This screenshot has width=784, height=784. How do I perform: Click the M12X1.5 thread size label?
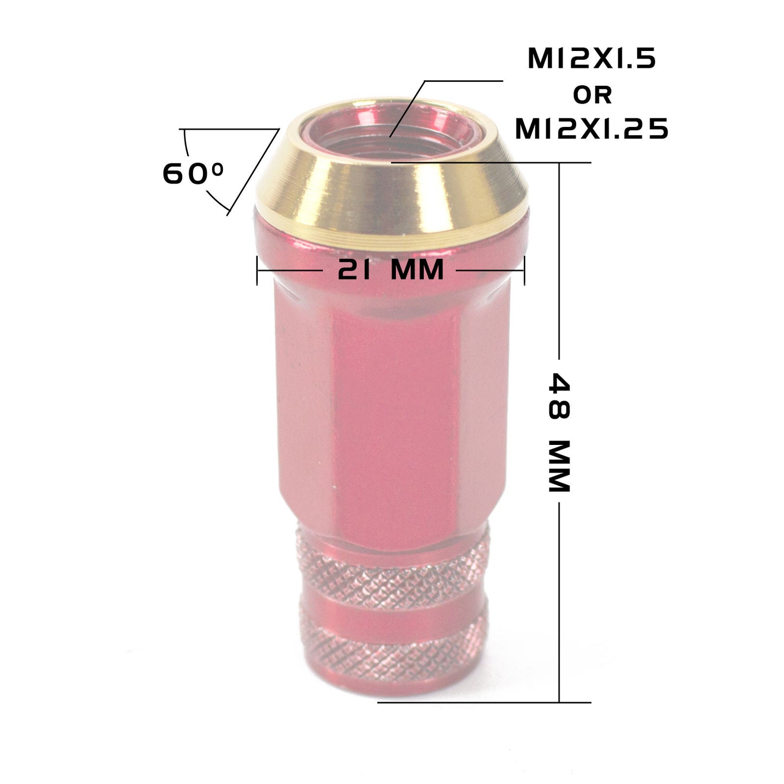(591, 59)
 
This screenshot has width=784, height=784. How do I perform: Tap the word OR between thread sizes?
(592, 95)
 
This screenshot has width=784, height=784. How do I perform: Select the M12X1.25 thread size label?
(591, 129)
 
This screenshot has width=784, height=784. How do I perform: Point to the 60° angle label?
(193, 174)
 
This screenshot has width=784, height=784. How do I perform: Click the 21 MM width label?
(391, 269)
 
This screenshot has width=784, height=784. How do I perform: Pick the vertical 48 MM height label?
(559, 431)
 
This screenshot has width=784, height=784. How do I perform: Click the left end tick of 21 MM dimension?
(257, 270)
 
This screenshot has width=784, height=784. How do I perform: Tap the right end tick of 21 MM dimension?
(524, 270)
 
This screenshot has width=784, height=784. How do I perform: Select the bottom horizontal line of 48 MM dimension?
(483, 702)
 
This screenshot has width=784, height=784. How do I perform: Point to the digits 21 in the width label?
(355, 269)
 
